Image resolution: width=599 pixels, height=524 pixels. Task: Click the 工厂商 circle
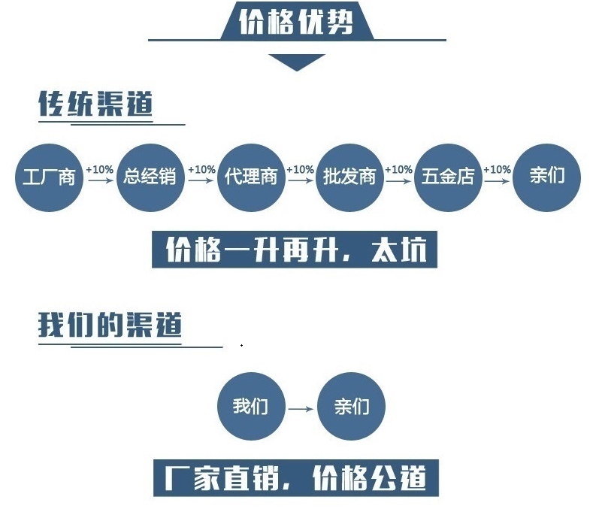click(x=48, y=177)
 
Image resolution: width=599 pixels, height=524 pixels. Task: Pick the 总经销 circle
click(x=150, y=177)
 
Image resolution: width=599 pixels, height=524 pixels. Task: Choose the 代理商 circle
click(x=251, y=177)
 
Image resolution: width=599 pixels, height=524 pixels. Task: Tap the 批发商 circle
click(x=349, y=177)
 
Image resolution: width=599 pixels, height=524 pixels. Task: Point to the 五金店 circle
click(x=448, y=177)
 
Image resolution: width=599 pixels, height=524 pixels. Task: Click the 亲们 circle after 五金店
click(x=546, y=177)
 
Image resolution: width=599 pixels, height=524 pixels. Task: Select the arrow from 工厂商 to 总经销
click(x=99, y=181)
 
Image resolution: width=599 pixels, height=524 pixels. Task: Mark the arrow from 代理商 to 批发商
click(x=300, y=181)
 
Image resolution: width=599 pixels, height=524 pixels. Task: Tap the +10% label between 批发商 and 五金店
click(x=398, y=170)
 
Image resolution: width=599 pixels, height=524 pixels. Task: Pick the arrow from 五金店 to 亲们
click(x=497, y=181)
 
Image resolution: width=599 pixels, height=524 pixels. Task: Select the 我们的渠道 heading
click(x=110, y=326)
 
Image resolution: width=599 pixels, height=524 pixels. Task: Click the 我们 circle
click(x=250, y=407)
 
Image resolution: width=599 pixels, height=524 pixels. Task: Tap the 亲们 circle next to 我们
click(x=352, y=407)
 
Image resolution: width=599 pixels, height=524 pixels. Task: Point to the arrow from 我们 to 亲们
click(x=301, y=409)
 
